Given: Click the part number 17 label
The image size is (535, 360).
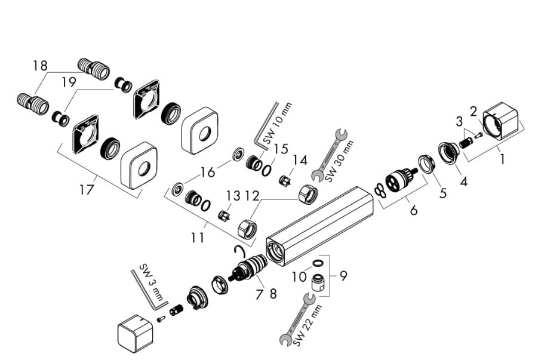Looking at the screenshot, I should pos(87,190).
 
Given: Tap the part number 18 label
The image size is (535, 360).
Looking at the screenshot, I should pos(41,66).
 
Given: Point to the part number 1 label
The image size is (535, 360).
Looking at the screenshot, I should pos(502,160).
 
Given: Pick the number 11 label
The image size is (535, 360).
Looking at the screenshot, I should pos(198,238).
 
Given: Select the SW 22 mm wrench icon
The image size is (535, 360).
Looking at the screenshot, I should pos(303,319).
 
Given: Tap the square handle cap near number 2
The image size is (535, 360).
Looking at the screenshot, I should pos(501,120).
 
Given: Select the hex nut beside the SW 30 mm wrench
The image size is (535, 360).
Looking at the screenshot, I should pos(307,193).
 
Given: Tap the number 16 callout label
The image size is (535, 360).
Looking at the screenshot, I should pos(208,173).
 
